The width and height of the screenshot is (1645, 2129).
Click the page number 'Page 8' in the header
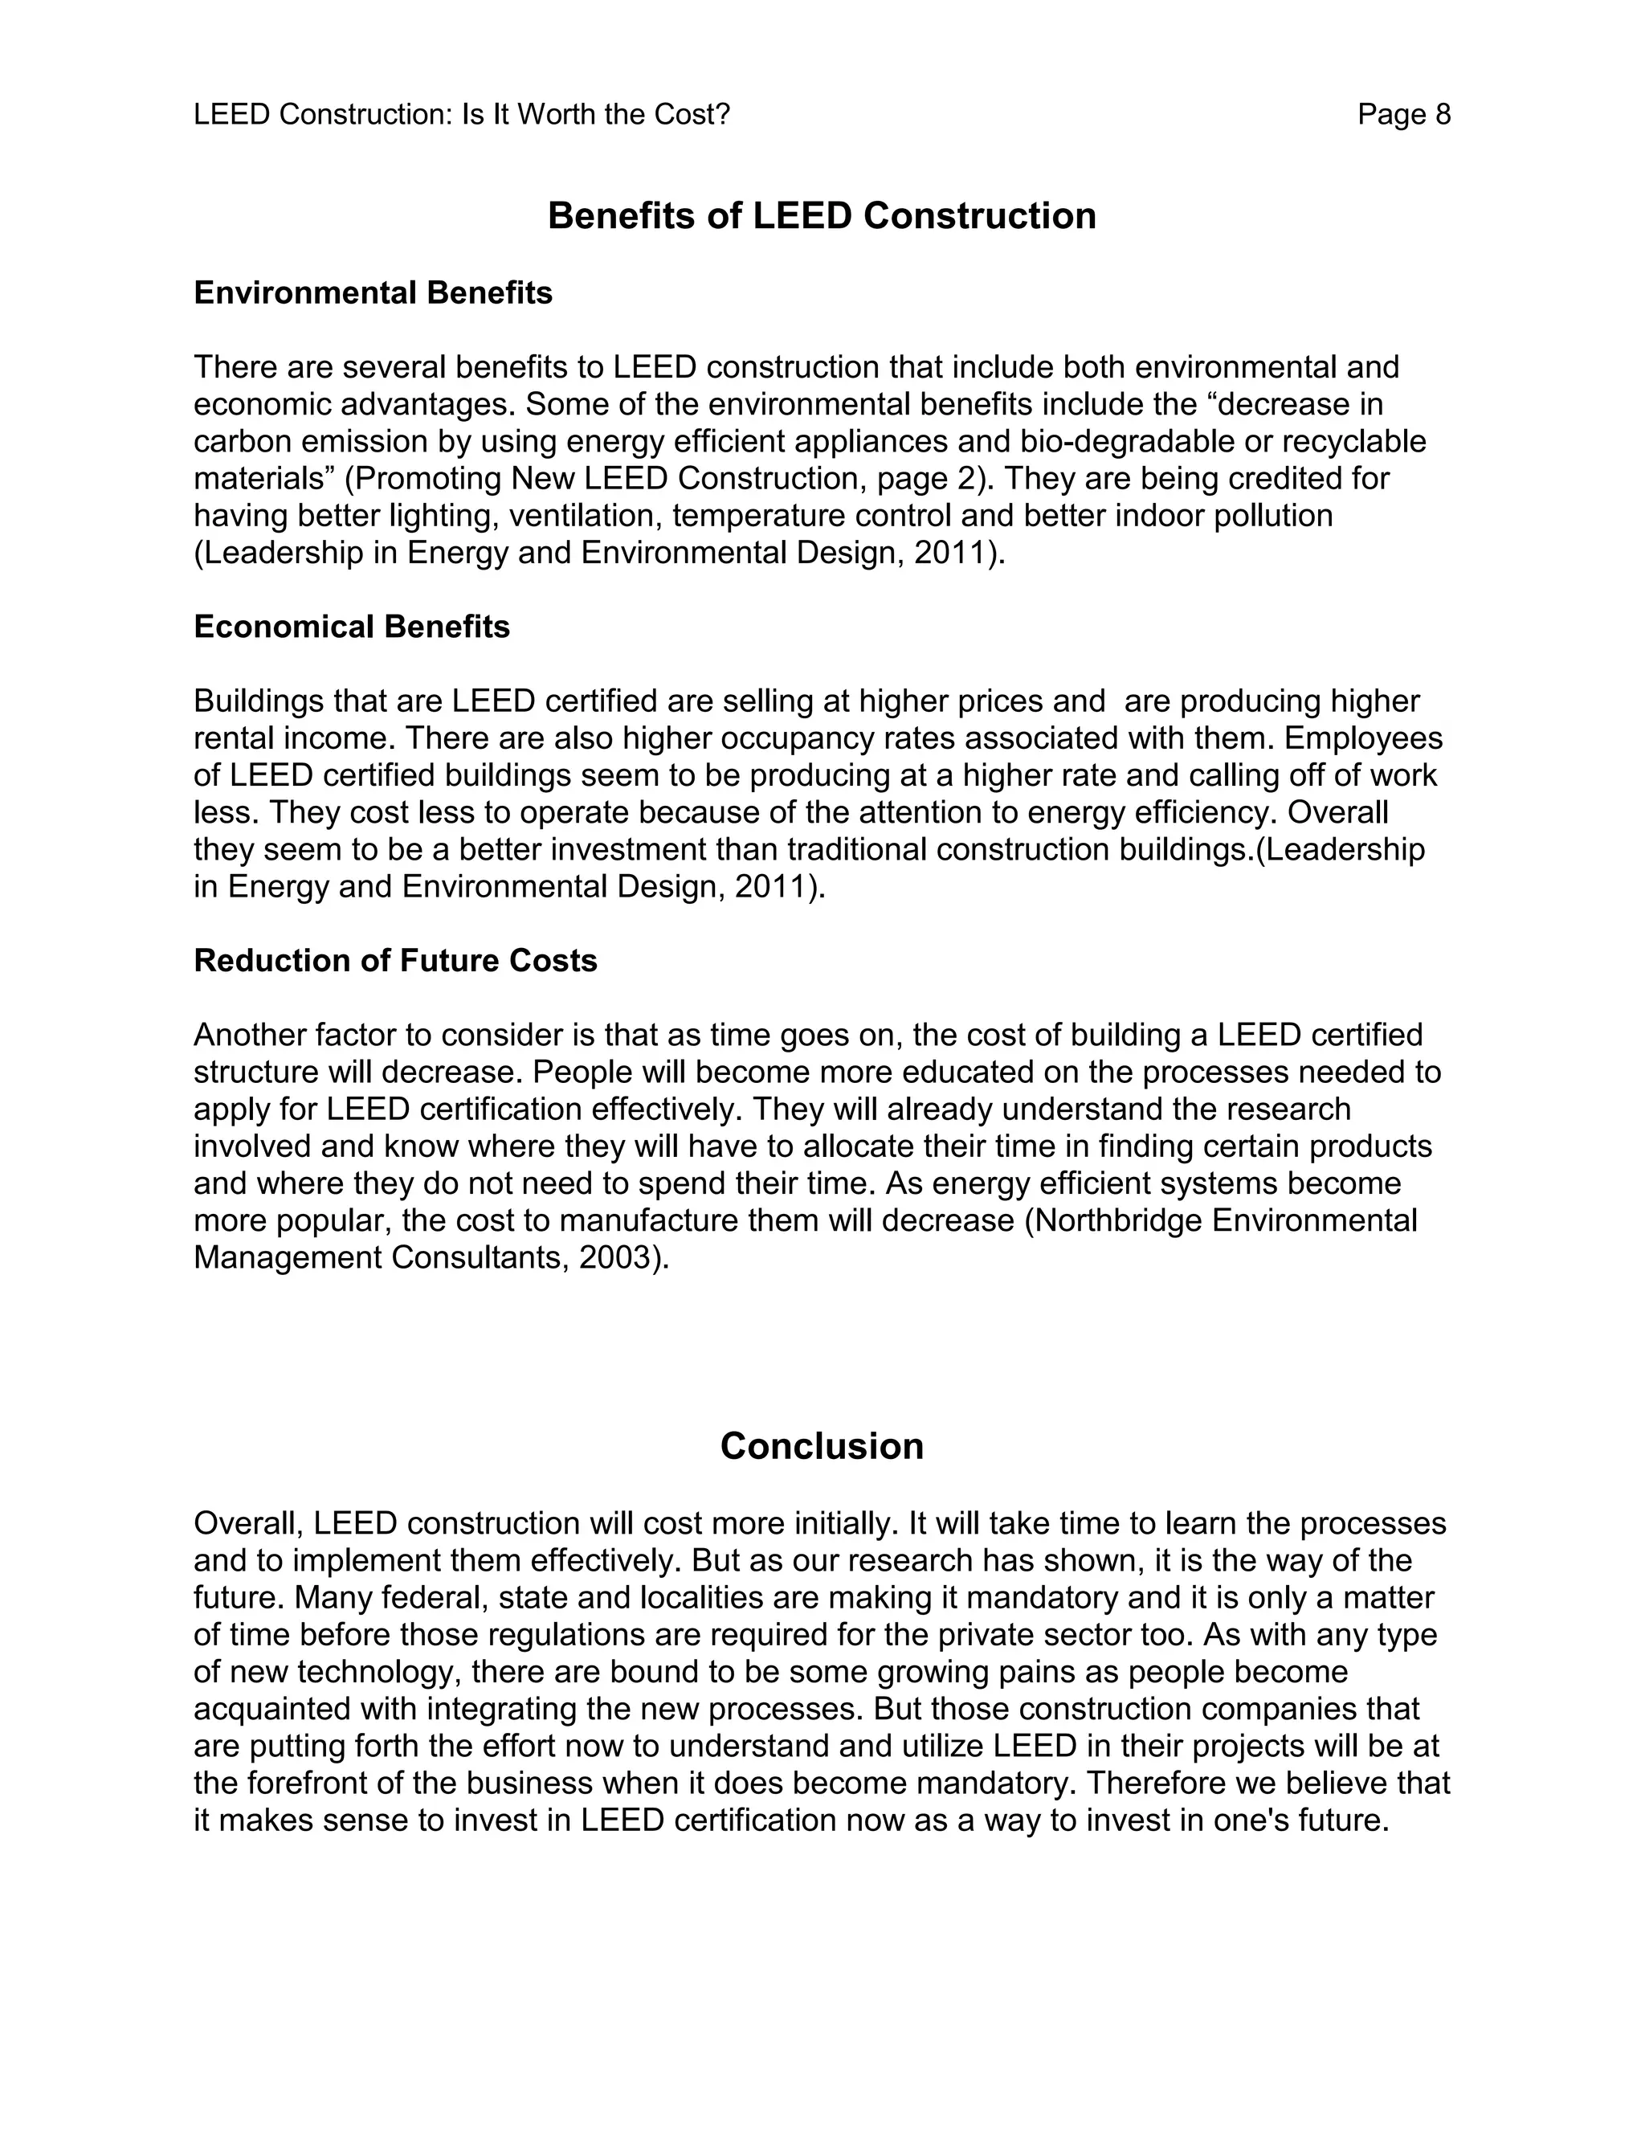pos(1403,115)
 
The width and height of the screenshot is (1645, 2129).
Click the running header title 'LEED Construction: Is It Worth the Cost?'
pos(461,115)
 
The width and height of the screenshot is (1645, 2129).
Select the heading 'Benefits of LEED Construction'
pos(822,215)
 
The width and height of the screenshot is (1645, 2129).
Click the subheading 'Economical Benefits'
pos(351,627)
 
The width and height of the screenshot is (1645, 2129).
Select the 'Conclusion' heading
pos(822,1445)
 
